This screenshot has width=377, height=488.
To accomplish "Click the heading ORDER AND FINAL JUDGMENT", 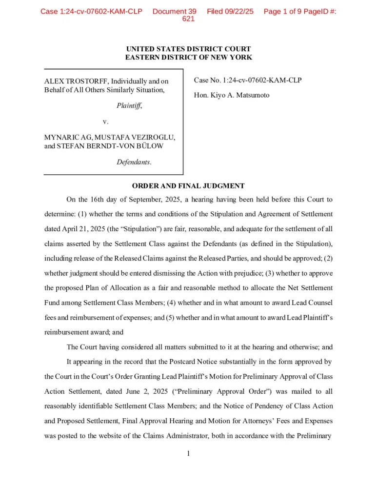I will click(188, 186).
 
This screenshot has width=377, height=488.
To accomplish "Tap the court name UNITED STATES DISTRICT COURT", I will click(188, 49).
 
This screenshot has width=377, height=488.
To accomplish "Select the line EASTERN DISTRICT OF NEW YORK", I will click(188, 57).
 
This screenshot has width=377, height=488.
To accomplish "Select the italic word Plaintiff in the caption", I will click(129, 105).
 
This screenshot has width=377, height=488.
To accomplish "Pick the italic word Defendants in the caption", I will click(134, 162).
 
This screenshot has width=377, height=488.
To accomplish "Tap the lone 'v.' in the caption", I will click(105, 121).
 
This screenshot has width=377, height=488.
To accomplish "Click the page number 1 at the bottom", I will click(188, 453).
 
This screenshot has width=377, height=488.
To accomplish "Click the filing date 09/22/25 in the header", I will click(238, 11).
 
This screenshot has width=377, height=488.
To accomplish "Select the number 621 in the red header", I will click(188, 19).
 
